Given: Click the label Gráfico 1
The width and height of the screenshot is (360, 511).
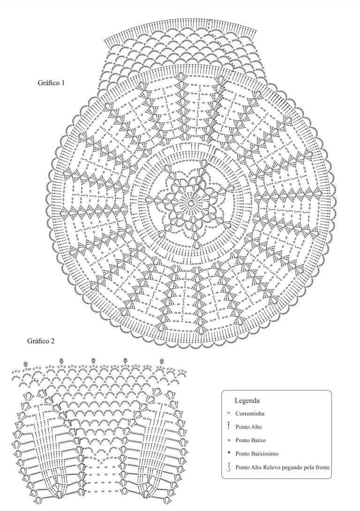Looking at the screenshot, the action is [51, 83].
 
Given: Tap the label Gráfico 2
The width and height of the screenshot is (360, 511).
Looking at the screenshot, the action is [41, 341].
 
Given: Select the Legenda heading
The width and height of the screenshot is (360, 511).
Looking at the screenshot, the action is [247, 400].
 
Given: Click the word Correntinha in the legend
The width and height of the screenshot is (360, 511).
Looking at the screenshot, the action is [250, 413].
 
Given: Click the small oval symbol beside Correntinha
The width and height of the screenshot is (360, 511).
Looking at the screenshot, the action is [229, 413].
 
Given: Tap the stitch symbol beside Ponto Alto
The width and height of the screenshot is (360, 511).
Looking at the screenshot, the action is [229, 426].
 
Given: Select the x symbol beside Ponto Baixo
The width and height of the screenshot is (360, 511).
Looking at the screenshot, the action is [229, 440].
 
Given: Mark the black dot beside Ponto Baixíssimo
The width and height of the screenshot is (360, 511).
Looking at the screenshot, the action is [229, 453].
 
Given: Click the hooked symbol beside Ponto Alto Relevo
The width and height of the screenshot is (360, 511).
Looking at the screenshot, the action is [229, 467].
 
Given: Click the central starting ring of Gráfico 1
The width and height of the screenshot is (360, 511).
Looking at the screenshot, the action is [191, 203].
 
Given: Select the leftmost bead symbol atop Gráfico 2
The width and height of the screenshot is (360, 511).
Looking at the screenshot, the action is [26, 364].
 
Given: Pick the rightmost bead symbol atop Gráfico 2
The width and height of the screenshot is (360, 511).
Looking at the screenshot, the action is [162, 361].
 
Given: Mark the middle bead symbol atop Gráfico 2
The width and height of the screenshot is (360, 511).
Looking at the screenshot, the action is [94, 360].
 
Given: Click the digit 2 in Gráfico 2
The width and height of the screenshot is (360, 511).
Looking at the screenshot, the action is [52, 341].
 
